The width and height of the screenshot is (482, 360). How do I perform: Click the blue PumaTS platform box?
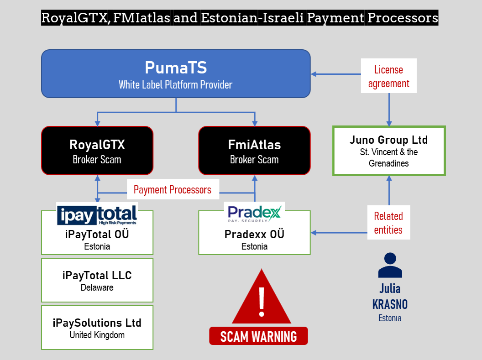pyautogui.click(x=176, y=74)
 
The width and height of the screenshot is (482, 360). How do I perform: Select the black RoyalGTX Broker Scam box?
pyautogui.click(x=97, y=151)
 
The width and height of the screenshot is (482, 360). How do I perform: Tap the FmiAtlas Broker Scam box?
pyautogui.click(x=255, y=151)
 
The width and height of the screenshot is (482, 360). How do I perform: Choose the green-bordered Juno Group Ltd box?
pyautogui.click(x=389, y=151)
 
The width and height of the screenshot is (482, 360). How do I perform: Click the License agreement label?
pyautogui.click(x=388, y=76)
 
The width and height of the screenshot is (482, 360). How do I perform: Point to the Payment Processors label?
pyautogui.click(x=173, y=189)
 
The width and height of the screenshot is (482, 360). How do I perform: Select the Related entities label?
pyautogui.click(x=388, y=222)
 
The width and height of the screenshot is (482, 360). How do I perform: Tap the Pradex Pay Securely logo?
pyautogui.click(x=254, y=213)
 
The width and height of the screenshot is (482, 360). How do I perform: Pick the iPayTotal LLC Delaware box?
pyautogui.click(x=97, y=280)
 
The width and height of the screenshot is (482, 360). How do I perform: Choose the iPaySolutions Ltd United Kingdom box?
pyautogui.click(x=97, y=328)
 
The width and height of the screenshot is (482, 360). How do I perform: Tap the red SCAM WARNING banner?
pyautogui.click(x=258, y=336)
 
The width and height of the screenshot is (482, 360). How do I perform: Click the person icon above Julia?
pyautogui.click(x=390, y=266)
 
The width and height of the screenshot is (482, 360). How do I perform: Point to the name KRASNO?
pyautogui.click(x=390, y=304)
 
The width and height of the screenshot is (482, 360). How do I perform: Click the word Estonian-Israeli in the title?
pyautogui.click(x=252, y=18)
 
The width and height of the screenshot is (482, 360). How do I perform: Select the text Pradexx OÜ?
pyautogui.click(x=254, y=234)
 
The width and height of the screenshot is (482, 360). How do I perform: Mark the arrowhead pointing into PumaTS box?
pyautogui.click(x=314, y=74)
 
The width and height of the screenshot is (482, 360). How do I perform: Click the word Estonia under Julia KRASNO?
pyautogui.click(x=390, y=318)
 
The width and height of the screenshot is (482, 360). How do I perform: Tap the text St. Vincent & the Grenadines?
pyautogui.click(x=389, y=157)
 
